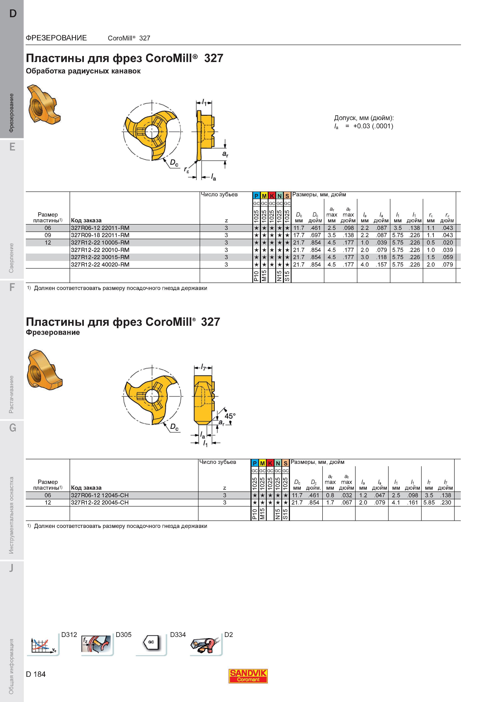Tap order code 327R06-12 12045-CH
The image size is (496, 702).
coord(100,495)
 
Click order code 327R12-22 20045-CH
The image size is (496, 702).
coord(100,502)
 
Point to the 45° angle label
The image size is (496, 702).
coord(230,416)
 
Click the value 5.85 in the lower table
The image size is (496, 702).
coord(429,502)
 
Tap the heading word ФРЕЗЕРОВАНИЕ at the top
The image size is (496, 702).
coord(56,38)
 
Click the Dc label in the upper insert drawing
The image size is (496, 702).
coord(174,163)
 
